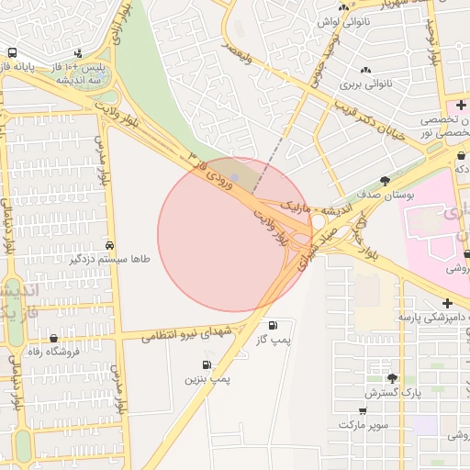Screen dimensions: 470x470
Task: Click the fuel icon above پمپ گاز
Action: [x=273, y=326]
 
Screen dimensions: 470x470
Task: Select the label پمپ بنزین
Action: [x=208, y=378]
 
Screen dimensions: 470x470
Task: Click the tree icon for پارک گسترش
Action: [x=393, y=378]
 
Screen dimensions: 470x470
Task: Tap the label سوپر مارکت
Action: [x=363, y=425]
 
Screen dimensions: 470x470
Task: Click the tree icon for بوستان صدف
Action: [x=384, y=181]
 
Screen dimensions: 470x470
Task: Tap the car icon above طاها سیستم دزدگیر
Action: [x=109, y=245]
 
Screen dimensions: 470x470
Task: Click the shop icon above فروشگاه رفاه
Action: [x=54, y=339]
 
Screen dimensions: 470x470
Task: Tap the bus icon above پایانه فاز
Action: [x=12, y=53]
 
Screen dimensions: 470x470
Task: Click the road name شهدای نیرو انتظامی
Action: [x=191, y=332]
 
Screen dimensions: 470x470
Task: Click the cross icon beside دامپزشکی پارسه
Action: [x=447, y=303]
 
